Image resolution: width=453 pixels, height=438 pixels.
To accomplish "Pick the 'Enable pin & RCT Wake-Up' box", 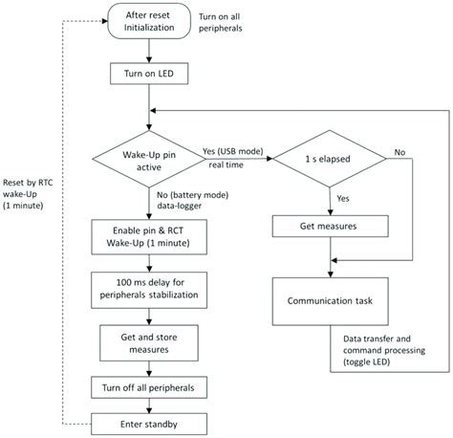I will pos(146,236).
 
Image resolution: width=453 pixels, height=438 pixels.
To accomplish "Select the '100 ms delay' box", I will pos(146,288).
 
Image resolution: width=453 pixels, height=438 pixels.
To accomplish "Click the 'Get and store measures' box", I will pos(146,340).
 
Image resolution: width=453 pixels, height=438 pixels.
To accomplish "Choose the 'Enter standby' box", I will pos(146,422).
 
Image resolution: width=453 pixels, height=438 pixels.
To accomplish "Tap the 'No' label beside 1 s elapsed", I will pos(399,151).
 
